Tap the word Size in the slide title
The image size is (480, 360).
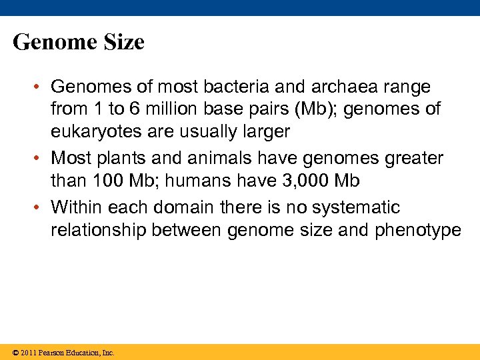[x=121, y=43]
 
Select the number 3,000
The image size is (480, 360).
[x=314, y=180]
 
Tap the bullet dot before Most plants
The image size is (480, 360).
[x=41, y=159]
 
